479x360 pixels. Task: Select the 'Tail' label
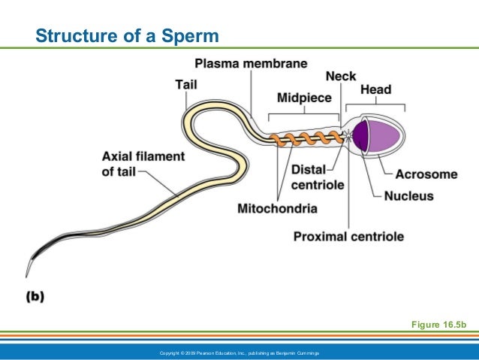tap(185, 84)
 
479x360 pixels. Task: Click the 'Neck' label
tap(340, 76)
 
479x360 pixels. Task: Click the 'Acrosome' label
tap(426, 174)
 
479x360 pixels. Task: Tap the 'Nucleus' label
tap(408, 196)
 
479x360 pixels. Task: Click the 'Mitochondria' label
tap(277, 207)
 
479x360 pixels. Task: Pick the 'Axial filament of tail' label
tap(143, 164)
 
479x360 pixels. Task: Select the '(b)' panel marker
tap(35, 296)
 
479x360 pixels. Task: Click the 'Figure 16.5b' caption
tap(439, 324)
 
